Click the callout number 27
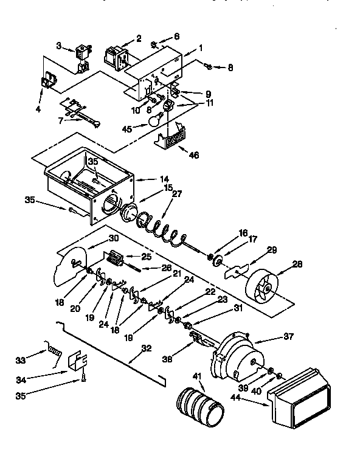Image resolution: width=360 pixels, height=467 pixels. click(x=177, y=195)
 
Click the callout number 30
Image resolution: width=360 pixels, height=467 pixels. click(x=113, y=238)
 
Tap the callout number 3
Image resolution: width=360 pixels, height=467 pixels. click(x=59, y=46)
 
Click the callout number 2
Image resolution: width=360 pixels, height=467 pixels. click(x=139, y=38)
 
